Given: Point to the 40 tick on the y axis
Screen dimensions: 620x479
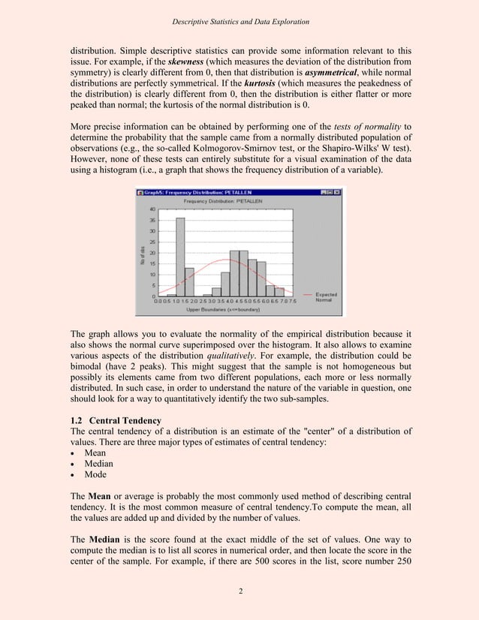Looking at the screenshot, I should (x=152, y=209).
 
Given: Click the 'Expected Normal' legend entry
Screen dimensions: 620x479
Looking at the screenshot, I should (x=326, y=297).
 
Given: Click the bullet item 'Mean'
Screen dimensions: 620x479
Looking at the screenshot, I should (x=95, y=453).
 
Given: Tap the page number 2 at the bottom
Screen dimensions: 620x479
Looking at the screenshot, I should (x=239, y=591).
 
